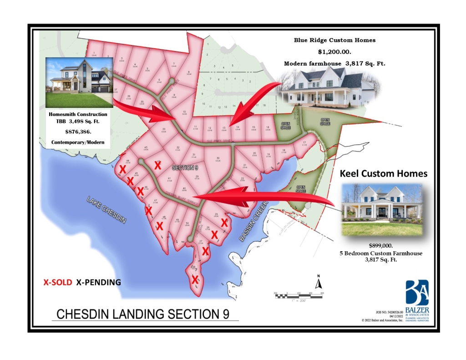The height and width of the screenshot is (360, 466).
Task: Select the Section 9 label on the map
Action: click(x=184, y=167)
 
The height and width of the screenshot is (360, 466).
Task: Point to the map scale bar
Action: click(x=298, y=295)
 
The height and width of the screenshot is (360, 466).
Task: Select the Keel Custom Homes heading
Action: click(x=384, y=173)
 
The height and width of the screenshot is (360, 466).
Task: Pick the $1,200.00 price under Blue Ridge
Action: click(x=334, y=51)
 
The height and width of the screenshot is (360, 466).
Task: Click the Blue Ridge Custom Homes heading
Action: click(x=334, y=40)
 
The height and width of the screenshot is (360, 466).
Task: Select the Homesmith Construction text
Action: click(x=78, y=114)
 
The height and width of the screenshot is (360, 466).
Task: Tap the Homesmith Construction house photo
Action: click(x=79, y=82)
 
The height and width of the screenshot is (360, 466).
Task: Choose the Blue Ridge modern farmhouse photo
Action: click(x=328, y=89)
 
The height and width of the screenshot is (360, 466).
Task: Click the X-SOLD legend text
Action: click(x=57, y=282)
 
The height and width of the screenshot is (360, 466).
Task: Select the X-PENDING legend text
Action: click(x=98, y=282)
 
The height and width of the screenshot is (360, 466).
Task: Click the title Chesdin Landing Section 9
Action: click(x=142, y=314)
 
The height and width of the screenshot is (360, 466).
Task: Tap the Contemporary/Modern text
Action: click(x=78, y=142)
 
